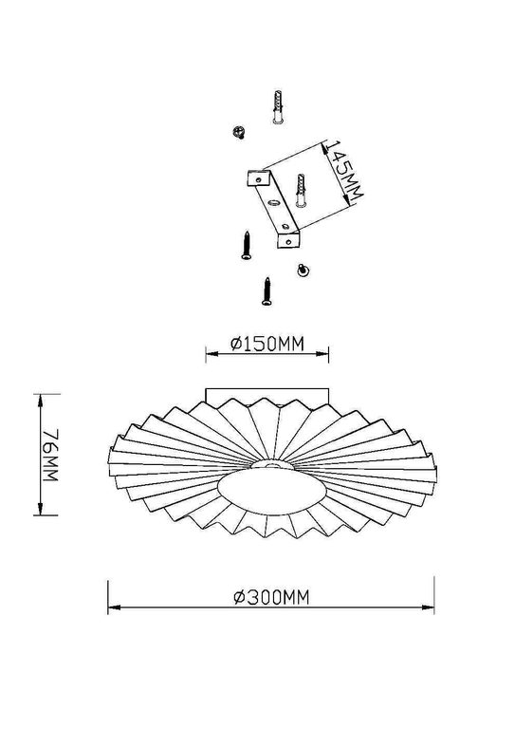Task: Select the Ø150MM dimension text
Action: [x=267, y=345]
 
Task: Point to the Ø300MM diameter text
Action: [x=272, y=596]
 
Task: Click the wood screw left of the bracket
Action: [x=246, y=244]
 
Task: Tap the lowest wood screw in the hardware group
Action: [x=267, y=290]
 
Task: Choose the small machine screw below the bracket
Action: [x=303, y=270]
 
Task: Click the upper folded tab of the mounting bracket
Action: [x=257, y=176]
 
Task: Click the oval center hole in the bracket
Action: [x=273, y=201]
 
